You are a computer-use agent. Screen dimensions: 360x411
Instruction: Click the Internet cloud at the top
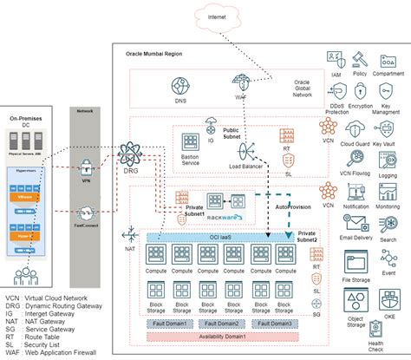[212, 17]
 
